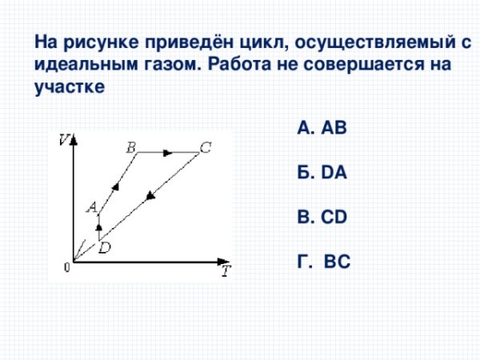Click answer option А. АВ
[x=321, y=127]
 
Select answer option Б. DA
[x=321, y=171]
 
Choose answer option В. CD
[x=322, y=215]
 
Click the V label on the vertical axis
[x=64, y=141]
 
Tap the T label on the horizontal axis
[x=226, y=270]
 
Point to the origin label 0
[x=67, y=269]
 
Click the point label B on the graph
[x=130, y=146]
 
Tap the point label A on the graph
[x=91, y=206]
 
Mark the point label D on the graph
[x=105, y=248]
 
